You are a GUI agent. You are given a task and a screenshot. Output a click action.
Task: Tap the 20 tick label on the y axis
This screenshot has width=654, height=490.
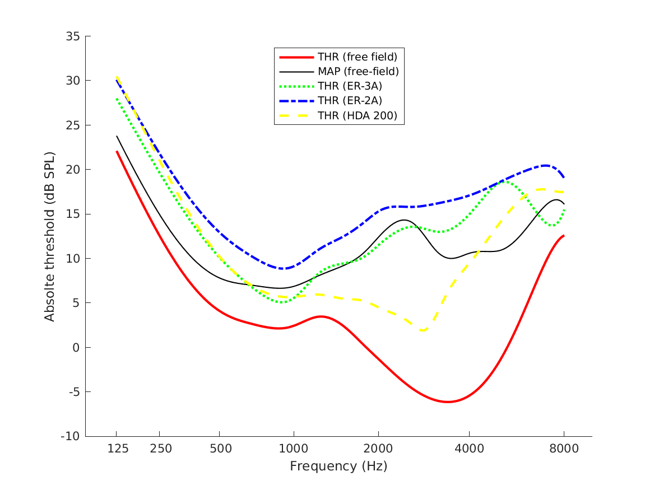(x=73, y=170)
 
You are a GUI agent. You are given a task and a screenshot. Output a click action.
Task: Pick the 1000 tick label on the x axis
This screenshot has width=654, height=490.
(x=293, y=449)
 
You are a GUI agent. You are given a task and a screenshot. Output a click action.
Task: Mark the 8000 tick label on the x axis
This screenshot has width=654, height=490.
(x=564, y=449)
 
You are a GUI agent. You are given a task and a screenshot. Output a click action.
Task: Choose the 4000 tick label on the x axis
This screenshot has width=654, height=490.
(x=469, y=449)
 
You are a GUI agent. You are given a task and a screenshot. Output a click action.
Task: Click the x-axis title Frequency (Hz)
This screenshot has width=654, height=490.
(x=338, y=466)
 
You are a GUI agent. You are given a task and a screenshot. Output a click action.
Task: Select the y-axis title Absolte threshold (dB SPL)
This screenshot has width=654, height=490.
(x=50, y=236)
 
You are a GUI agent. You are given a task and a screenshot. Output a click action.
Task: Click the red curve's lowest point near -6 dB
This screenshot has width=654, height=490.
(x=447, y=402)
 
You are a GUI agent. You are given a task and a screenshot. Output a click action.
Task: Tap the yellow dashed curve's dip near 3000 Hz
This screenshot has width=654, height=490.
(x=423, y=330)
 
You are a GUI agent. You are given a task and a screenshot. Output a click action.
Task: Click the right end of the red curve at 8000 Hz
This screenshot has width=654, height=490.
(x=564, y=236)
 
